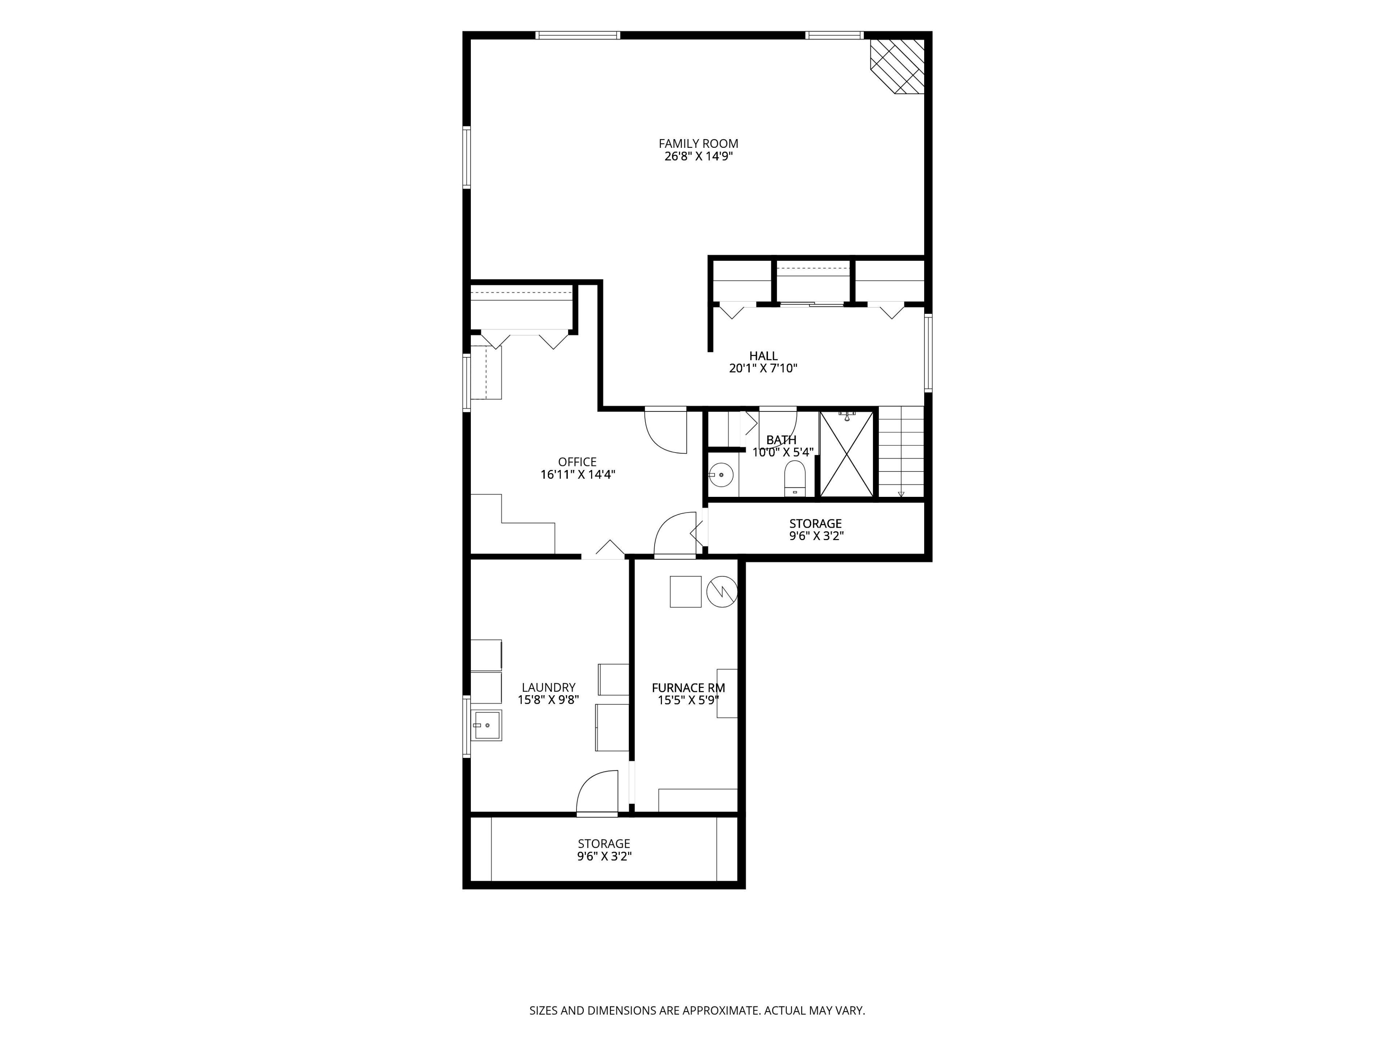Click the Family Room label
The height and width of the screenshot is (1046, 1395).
point(698,144)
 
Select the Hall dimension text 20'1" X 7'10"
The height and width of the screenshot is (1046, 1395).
point(763,368)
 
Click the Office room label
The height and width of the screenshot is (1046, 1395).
point(577,462)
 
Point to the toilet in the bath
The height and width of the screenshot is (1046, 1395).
point(794,478)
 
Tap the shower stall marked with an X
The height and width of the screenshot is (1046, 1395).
point(847,453)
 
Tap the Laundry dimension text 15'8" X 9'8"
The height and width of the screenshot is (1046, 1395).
point(548,699)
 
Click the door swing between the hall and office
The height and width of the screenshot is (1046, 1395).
point(665,431)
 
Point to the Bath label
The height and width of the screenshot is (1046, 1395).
point(781,440)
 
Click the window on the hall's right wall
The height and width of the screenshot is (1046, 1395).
point(928,352)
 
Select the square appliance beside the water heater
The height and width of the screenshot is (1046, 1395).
point(686,591)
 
